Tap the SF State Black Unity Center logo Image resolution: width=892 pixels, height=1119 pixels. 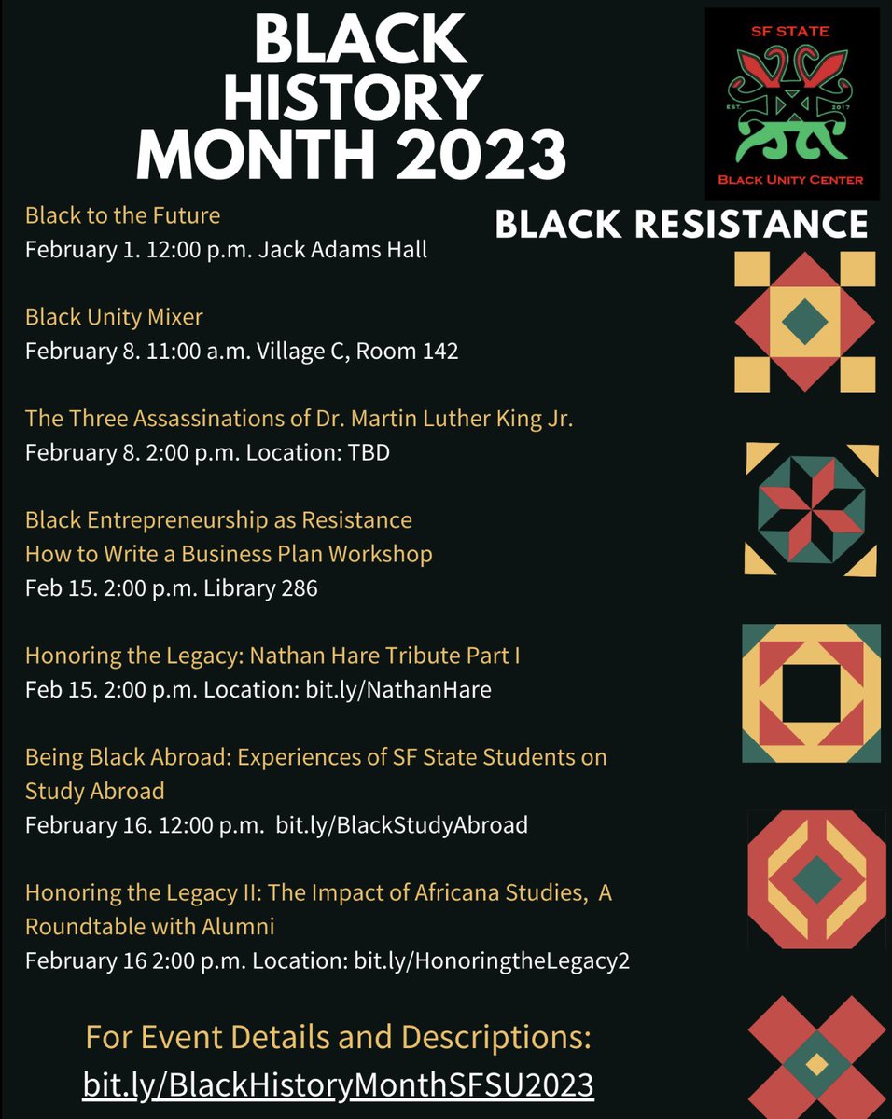(792, 101)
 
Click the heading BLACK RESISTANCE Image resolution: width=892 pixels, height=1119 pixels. (681, 224)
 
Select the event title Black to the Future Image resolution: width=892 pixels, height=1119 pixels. (122, 215)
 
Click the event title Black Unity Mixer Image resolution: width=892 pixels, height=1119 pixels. (114, 317)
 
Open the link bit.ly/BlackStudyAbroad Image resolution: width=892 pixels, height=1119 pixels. (402, 825)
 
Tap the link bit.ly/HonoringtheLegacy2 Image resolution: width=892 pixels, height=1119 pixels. (492, 960)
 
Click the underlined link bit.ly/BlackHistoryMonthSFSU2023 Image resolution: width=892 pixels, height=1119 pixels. (338, 1085)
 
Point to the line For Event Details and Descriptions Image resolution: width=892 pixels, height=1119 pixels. (338, 1037)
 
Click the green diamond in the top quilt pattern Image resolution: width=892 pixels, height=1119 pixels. (804, 322)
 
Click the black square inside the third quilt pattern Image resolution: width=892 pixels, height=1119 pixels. (810, 693)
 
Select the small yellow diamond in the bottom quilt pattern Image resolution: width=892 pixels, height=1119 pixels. (817, 1064)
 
